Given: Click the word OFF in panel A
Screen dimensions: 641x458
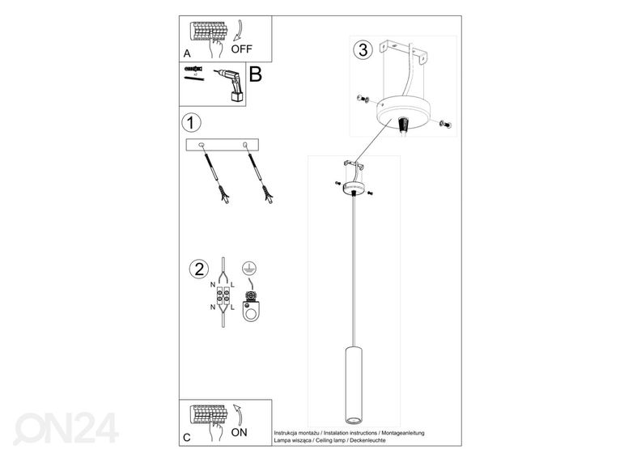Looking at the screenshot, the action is [x=242, y=49].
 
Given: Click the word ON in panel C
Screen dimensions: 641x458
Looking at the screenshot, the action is [x=239, y=432].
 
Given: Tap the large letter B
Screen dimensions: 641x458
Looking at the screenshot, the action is [x=256, y=74].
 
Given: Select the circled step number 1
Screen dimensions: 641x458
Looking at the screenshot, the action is [x=190, y=123].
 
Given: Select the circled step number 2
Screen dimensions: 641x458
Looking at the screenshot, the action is [x=199, y=269].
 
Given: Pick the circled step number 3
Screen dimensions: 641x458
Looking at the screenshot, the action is [x=363, y=50].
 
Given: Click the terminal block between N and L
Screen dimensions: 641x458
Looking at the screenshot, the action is [x=223, y=297].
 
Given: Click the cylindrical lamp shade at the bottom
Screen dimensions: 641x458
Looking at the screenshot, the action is [x=353, y=385].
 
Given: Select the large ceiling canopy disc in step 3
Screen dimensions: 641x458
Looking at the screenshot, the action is [x=404, y=112].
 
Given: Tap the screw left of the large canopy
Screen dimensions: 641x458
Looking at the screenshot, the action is [x=363, y=99].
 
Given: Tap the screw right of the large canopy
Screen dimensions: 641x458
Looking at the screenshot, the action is [x=444, y=123].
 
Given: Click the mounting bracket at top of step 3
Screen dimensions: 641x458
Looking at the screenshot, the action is [x=404, y=51].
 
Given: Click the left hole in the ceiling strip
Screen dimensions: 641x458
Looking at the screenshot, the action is [x=201, y=144].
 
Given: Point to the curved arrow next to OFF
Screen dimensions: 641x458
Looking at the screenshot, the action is [x=238, y=31].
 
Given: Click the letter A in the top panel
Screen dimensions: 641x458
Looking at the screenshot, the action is [x=187, y=53].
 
